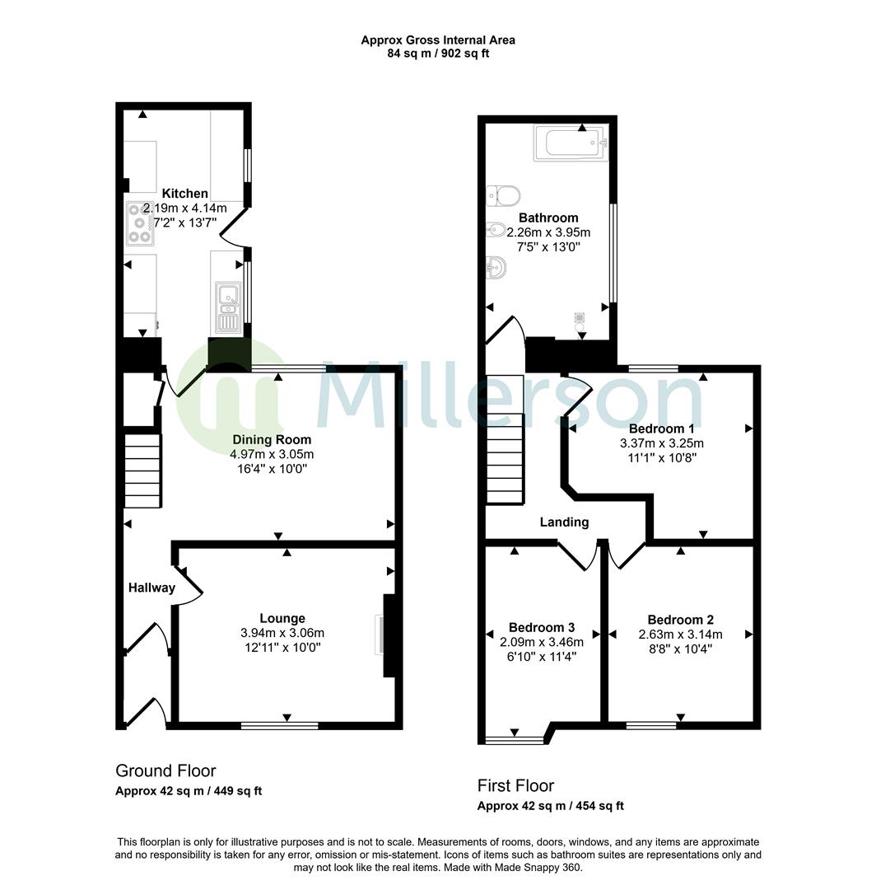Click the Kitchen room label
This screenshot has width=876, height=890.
click(184, 194)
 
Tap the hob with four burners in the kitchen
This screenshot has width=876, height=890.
click(139, 222)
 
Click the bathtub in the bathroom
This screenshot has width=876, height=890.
click(570, 143)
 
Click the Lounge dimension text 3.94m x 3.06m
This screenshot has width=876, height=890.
click(282, 633)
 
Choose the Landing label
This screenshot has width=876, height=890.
click(564, 522)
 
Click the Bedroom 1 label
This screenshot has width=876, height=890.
click(661, 429)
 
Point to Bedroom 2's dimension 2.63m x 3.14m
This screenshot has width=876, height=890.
click(680, 635)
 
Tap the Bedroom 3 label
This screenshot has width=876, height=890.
click(541, 627)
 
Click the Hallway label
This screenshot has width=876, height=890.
click(151, 588)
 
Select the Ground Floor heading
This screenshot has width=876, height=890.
click(165, 771)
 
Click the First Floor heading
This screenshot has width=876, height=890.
click(515, 785)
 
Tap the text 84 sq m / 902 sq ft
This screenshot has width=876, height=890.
click(438, 54)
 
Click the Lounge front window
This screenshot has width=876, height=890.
click(279, 725)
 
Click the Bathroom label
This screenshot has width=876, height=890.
click(553, 218)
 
